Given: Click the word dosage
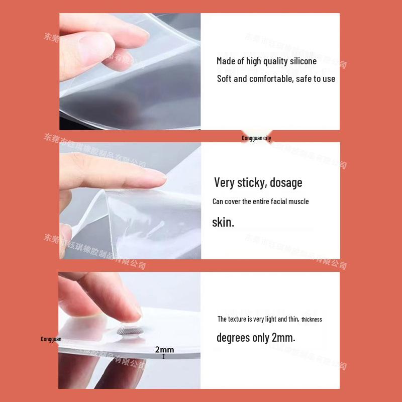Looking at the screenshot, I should [x=286, y=182].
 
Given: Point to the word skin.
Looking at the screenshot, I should [x=223, y=222].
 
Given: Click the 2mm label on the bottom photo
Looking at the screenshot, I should [x=164, y=350].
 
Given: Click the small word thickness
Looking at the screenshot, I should [x=312, y=320].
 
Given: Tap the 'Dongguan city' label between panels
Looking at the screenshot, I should [x=256, y=138].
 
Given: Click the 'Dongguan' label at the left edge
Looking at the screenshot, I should [x=51, y=339].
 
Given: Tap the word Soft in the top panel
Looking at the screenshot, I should [x=224, y=78].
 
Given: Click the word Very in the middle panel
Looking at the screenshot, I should [x=224, y=182].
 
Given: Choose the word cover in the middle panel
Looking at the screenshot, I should [x=232, y=202].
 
